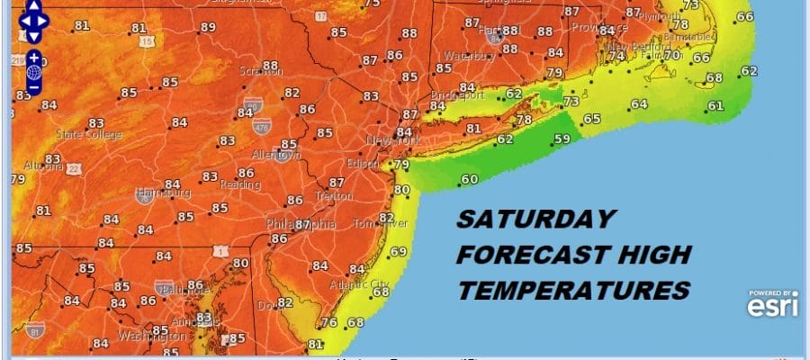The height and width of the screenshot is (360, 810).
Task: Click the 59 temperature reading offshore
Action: [x=562, y=139]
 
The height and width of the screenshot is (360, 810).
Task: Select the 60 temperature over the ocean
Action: [x=469, y=179]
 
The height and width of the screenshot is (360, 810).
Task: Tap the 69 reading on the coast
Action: [x=398, y=250]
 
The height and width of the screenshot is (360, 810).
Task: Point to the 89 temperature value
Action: [x=208, y=27]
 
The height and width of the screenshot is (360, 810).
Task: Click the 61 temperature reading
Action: [x=715, y=106]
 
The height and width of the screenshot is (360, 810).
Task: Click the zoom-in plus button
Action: [x=33, y=57]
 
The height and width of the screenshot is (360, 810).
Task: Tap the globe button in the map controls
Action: [x=33, y=74]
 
